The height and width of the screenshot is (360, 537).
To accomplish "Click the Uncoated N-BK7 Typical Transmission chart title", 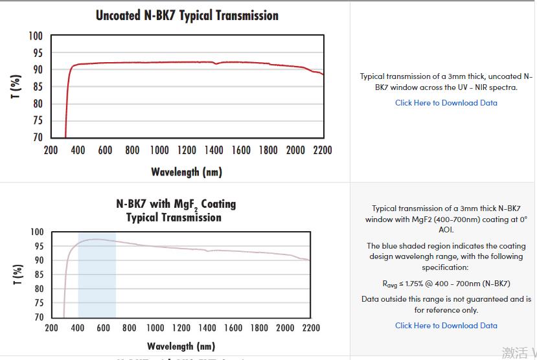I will click(187, 15).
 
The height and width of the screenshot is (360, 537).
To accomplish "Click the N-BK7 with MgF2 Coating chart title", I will click(176, 210).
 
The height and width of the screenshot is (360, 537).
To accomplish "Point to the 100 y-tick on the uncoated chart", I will click(36, 36).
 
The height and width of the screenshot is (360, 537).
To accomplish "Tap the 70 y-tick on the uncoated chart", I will click(38, 137).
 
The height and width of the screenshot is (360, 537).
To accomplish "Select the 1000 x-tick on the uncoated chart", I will click(159, 150).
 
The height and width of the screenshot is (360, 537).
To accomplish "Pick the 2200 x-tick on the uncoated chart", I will click(322, 150).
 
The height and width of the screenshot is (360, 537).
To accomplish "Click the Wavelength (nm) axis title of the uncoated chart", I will click(186, 172).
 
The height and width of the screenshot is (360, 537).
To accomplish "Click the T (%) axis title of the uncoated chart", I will click(16, 87).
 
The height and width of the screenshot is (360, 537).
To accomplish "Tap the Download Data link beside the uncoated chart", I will click(446, 103).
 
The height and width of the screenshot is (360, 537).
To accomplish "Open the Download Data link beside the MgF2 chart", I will click(446, 326).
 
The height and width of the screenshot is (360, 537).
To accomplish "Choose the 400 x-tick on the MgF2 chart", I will click(78, 328).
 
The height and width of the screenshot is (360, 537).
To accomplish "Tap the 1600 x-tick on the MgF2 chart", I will click(233, 328).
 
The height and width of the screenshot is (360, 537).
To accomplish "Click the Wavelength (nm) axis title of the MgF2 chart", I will click(181, 346).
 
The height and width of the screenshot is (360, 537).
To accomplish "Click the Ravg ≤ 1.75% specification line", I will click(446, 284).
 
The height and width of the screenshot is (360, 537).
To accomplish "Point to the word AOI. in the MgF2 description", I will click(446, 230).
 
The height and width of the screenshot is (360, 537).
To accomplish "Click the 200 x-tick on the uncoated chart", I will click(51, 150).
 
